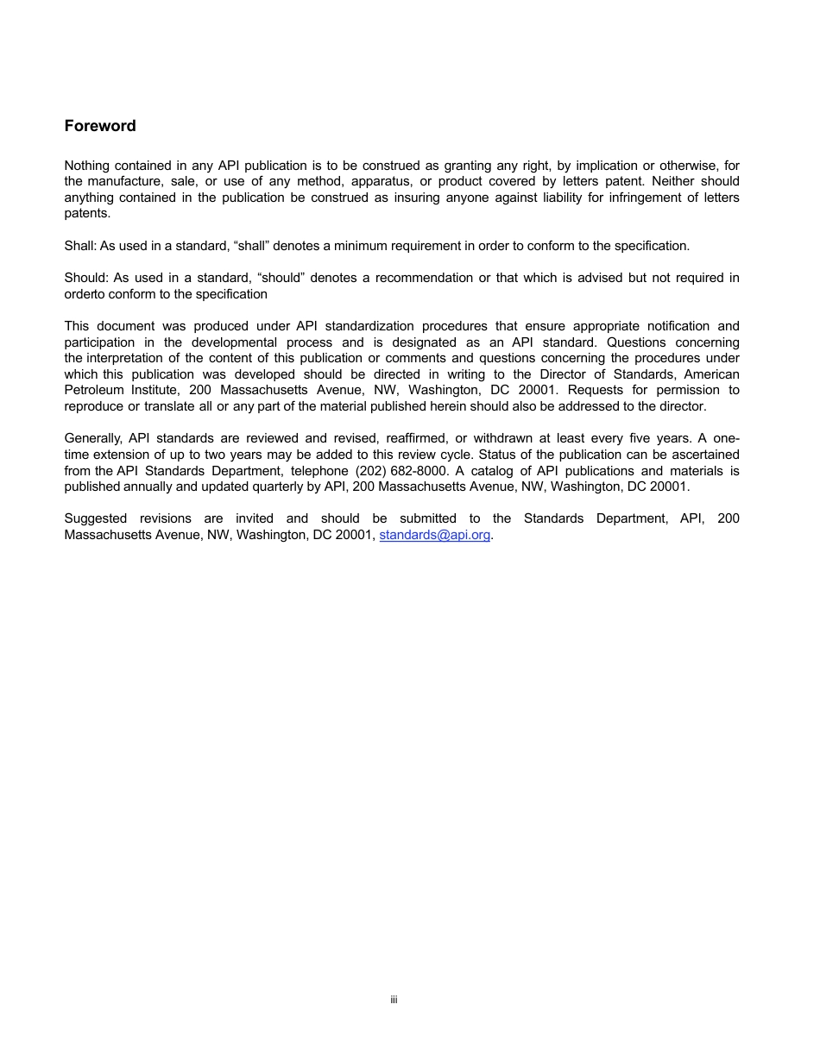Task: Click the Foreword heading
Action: (100, 126)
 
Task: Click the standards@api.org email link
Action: (434, 535)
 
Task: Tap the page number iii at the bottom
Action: (394, 1000)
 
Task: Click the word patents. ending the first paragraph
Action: (87, 213)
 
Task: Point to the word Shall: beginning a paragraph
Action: (80, 246)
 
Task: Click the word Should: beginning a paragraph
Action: (87, 278)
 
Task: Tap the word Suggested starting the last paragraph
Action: (96, 518)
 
